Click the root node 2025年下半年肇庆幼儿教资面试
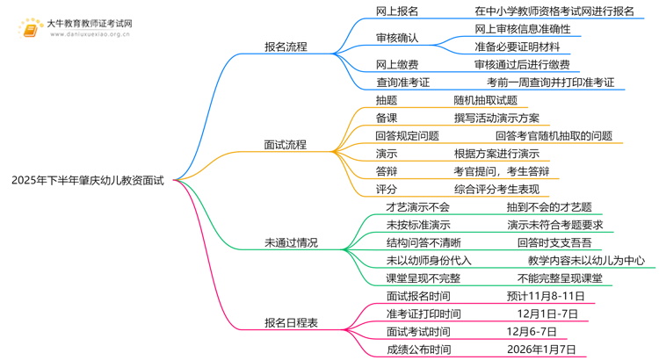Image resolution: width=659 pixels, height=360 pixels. click(x=87, y=181)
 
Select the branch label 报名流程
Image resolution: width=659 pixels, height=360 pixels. click(x=286, y=47)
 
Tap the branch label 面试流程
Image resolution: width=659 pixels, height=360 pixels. click(x=286, y=145)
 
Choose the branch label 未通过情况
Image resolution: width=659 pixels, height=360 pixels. click(x=291, y=243)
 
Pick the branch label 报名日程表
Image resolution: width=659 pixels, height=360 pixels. click(x=291, y=322)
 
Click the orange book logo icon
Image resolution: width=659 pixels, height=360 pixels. click(x=30, y=29)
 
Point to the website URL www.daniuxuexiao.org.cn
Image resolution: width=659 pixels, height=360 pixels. click(x=90, y=34)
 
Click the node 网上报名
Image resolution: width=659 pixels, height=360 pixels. click(x=397, y=11)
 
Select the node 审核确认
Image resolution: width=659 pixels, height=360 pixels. click(x=397, y=38)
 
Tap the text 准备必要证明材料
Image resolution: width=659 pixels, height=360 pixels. click(x=518, y=47)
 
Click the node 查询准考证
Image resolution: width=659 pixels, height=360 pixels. click(x=402, y=83)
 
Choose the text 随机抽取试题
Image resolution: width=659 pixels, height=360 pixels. click(x=485, y=100)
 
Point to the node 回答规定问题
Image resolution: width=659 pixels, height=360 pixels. click(x=407, y=136)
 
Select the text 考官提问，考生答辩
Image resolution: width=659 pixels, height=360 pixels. click(x=502, y=171)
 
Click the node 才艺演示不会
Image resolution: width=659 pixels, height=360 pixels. click(x=417, y=207)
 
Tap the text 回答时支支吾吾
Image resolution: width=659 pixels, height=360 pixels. click(x=554, y=243)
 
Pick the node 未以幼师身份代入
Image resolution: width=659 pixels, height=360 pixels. click(x=429, y=261)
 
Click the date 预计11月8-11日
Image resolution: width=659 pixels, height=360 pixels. click(x=546, y=296)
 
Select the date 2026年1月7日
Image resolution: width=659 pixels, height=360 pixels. click(x=541, y=349)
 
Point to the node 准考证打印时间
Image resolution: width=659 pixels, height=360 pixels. click(x=424, y=313)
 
